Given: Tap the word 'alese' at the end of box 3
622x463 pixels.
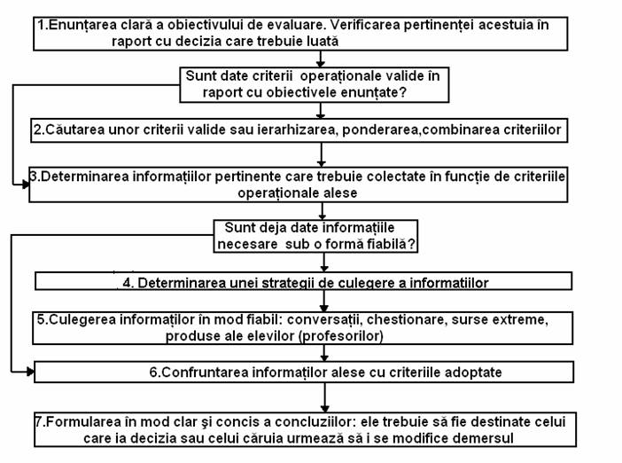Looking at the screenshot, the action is (x=341, y=193).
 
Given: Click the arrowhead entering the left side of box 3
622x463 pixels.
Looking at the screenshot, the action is (x=26, y=184).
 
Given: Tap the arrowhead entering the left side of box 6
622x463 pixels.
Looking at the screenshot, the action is (x=30, y=372).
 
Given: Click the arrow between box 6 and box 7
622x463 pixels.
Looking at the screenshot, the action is (x=325, y=397).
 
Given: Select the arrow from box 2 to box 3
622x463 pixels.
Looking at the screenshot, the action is (x=322, y=155).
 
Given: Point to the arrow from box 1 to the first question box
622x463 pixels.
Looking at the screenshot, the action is (x=321, y=59).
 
